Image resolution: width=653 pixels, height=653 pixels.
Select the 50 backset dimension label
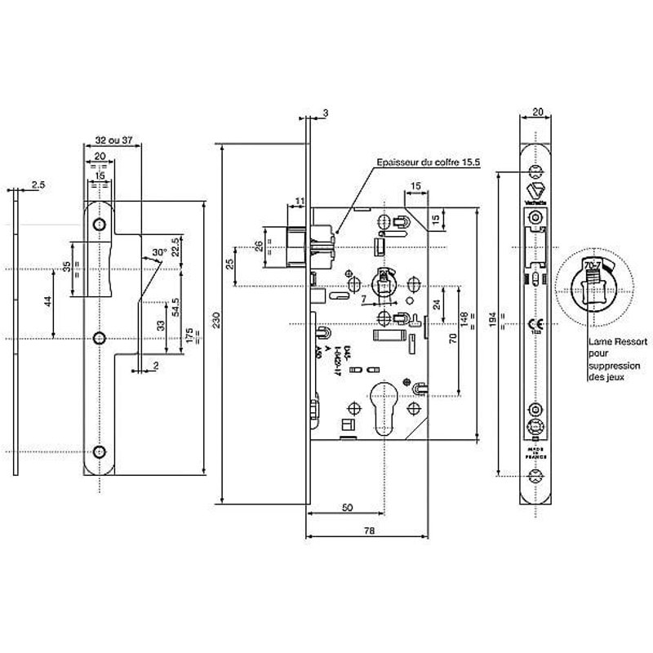347,508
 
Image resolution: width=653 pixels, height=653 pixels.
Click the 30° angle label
160,253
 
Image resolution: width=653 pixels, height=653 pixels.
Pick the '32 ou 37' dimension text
113,140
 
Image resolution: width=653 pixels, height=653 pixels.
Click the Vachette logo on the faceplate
535,194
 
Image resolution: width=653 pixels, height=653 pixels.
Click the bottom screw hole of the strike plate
100,451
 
